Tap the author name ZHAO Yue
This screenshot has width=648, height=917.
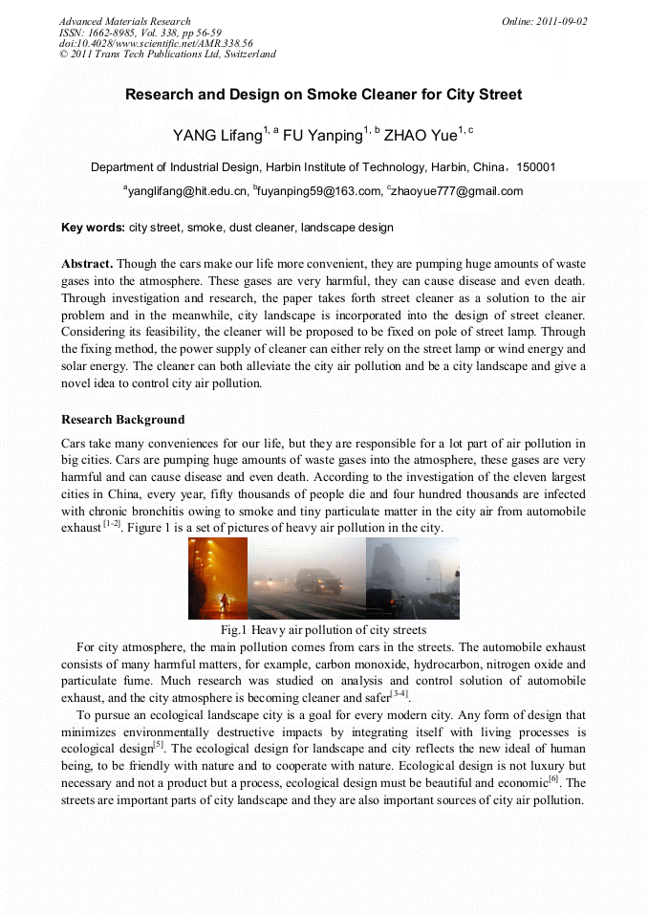[x=420, y=135]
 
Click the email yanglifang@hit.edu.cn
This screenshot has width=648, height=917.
[x=187, y=191]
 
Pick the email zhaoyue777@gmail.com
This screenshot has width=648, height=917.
[x=458, y=191]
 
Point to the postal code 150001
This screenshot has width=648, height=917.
[x=536, y=166]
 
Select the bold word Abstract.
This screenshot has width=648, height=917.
[x=87, y=263]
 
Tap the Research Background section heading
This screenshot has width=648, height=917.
[x=123, y=420]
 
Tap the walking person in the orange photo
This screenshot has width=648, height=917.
[x=224, y=602]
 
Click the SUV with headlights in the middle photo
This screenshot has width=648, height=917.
[x=318, y=580]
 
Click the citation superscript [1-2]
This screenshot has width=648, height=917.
[x=112, y=524]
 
